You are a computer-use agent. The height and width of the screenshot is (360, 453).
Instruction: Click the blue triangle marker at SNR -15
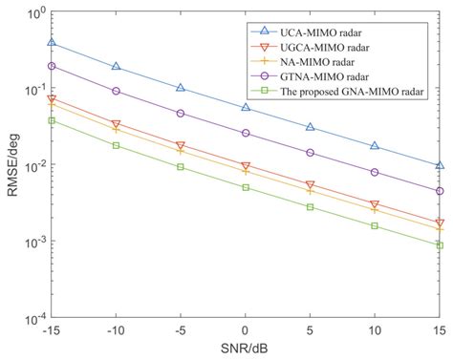[52, 43]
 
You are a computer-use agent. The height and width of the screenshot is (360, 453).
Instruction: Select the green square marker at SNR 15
[439, 245]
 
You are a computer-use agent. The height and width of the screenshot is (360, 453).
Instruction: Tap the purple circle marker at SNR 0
[246, 133]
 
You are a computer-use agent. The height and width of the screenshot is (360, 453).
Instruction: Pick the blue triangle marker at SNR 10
[375, 145]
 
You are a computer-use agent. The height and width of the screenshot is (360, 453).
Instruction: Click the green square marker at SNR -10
[116, 145]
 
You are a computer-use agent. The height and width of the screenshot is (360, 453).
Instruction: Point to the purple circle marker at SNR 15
[439, 191]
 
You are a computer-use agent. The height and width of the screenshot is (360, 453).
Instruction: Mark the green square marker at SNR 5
[310, 206]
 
